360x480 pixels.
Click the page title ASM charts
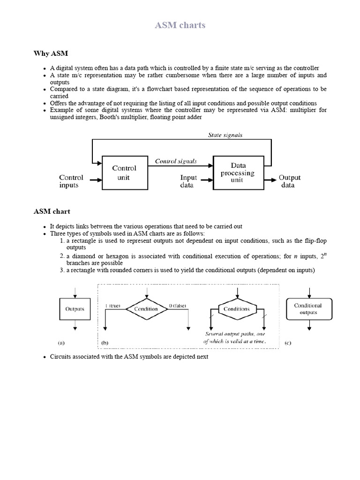coord(180,25)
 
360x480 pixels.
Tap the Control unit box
coord(124,172)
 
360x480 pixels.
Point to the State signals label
coord(225,135)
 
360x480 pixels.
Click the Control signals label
coord(176,161)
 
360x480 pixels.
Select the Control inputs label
coord(71,181)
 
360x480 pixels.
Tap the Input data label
coord(189,181)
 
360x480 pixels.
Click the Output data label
coord(289,181)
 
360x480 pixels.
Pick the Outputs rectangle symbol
coord(75,309)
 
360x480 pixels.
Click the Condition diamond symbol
coord(146,309)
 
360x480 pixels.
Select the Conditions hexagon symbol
coord(237,309)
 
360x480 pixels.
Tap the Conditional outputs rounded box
coord(308,309)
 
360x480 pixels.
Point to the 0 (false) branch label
coord(177,306)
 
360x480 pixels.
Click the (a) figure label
coord(61,343)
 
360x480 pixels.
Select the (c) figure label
coord(288,343)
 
